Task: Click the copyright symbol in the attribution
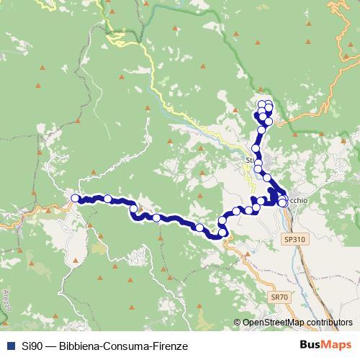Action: click(238, 323)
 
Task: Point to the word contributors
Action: click(328, 323)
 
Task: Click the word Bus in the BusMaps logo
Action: click(311, 345)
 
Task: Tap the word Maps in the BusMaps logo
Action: click(337, 345)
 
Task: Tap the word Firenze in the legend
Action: click(171, 346)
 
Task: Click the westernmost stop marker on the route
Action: click(75, 198)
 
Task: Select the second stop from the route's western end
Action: click(108, 199)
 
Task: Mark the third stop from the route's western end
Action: click(133, 210)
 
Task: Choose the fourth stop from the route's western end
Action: click(156, 217)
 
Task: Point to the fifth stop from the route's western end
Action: click(199, 228)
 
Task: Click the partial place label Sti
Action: click(251, 160)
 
